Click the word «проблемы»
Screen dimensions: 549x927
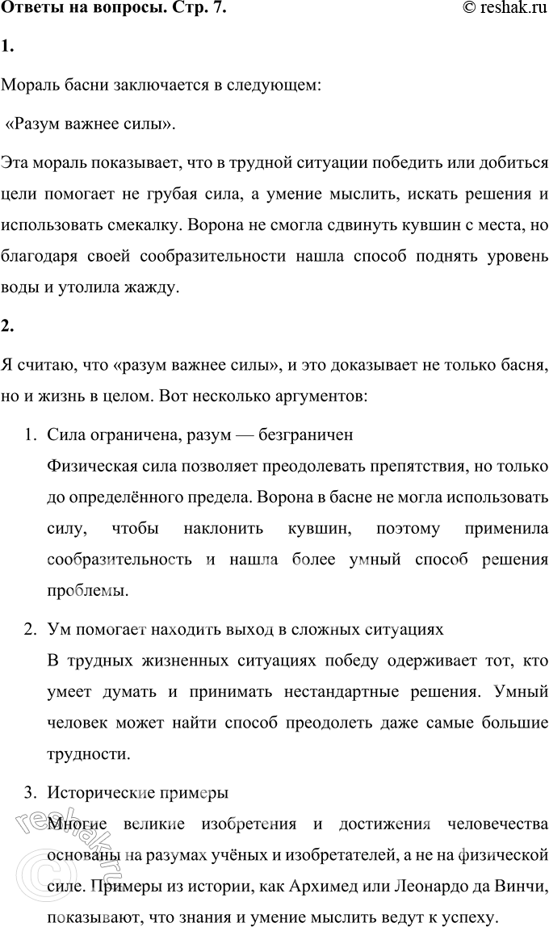(x=86, y=593)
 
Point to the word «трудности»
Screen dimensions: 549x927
(x=87, y=756)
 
